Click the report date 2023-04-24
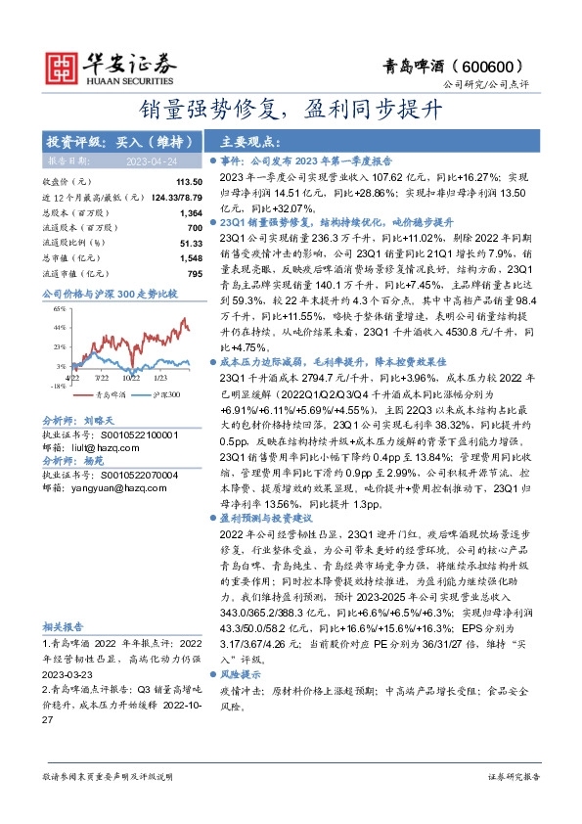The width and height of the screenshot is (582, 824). pos(151,160)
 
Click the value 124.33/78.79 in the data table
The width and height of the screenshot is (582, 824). pos(172,198)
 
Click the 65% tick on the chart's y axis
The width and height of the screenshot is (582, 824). pos(60,308)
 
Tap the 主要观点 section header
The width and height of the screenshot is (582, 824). pos(246,141)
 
